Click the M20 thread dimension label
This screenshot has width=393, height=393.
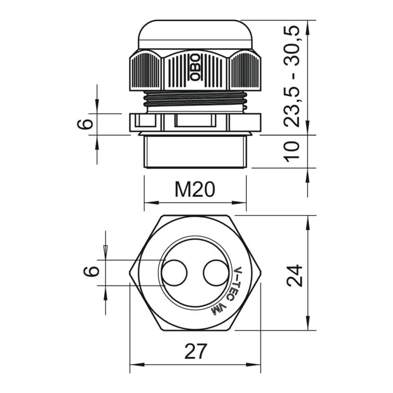195,189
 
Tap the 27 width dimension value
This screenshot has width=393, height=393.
196,351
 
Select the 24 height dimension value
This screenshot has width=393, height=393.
295,275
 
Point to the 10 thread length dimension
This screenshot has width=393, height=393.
291,151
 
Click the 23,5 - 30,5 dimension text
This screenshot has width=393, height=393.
291,76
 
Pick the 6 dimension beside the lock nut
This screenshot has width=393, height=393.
85,124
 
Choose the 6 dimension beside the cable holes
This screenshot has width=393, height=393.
91,271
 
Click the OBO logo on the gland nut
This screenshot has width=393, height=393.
195,68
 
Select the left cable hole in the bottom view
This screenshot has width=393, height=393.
174,273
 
